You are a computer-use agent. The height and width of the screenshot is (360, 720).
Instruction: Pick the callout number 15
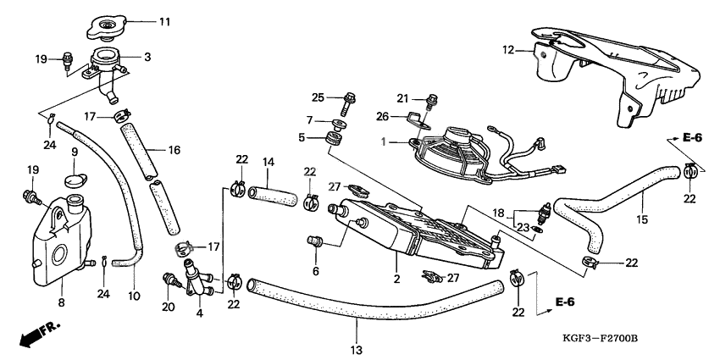[x=640, y=219]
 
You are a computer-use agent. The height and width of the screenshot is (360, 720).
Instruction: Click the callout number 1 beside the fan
[x=385, y=142]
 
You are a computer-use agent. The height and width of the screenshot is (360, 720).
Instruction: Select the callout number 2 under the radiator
[x=396, y=278]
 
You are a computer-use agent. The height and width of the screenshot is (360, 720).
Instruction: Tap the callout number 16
[x=174, y=150]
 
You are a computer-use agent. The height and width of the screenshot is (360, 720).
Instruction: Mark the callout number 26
[x=381, y=116]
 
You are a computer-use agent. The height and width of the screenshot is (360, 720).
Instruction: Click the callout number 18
[x=500, y=214]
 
